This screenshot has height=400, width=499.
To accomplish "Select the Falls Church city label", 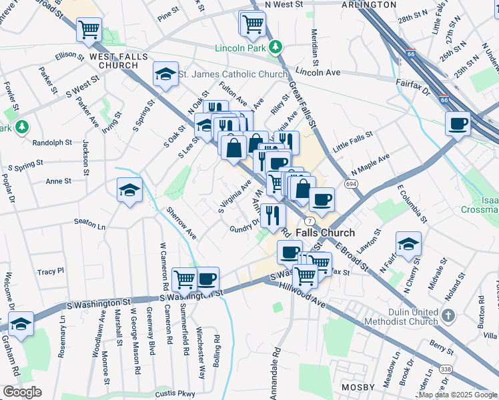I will click(325, 233).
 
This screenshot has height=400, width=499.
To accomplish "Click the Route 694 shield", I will click(350, 183).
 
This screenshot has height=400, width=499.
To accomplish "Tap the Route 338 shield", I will click(445, 369).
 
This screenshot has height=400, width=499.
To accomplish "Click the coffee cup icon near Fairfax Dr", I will click(458, 123).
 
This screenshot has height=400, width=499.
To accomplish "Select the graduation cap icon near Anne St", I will click(129, 190).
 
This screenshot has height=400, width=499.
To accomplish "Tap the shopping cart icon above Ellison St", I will click(89, 30).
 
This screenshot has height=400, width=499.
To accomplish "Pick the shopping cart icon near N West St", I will click(252, 24).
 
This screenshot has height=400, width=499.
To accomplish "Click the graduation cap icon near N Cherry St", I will click(408, 243).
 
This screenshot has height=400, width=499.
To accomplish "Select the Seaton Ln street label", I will click(90, 227).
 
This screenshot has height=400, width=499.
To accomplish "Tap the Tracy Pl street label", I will click(51, 271).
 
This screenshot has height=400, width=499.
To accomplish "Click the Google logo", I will click(21, 392).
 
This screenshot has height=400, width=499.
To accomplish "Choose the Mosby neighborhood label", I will click(362, 387).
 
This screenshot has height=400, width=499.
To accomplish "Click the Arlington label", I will click(369, 4).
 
